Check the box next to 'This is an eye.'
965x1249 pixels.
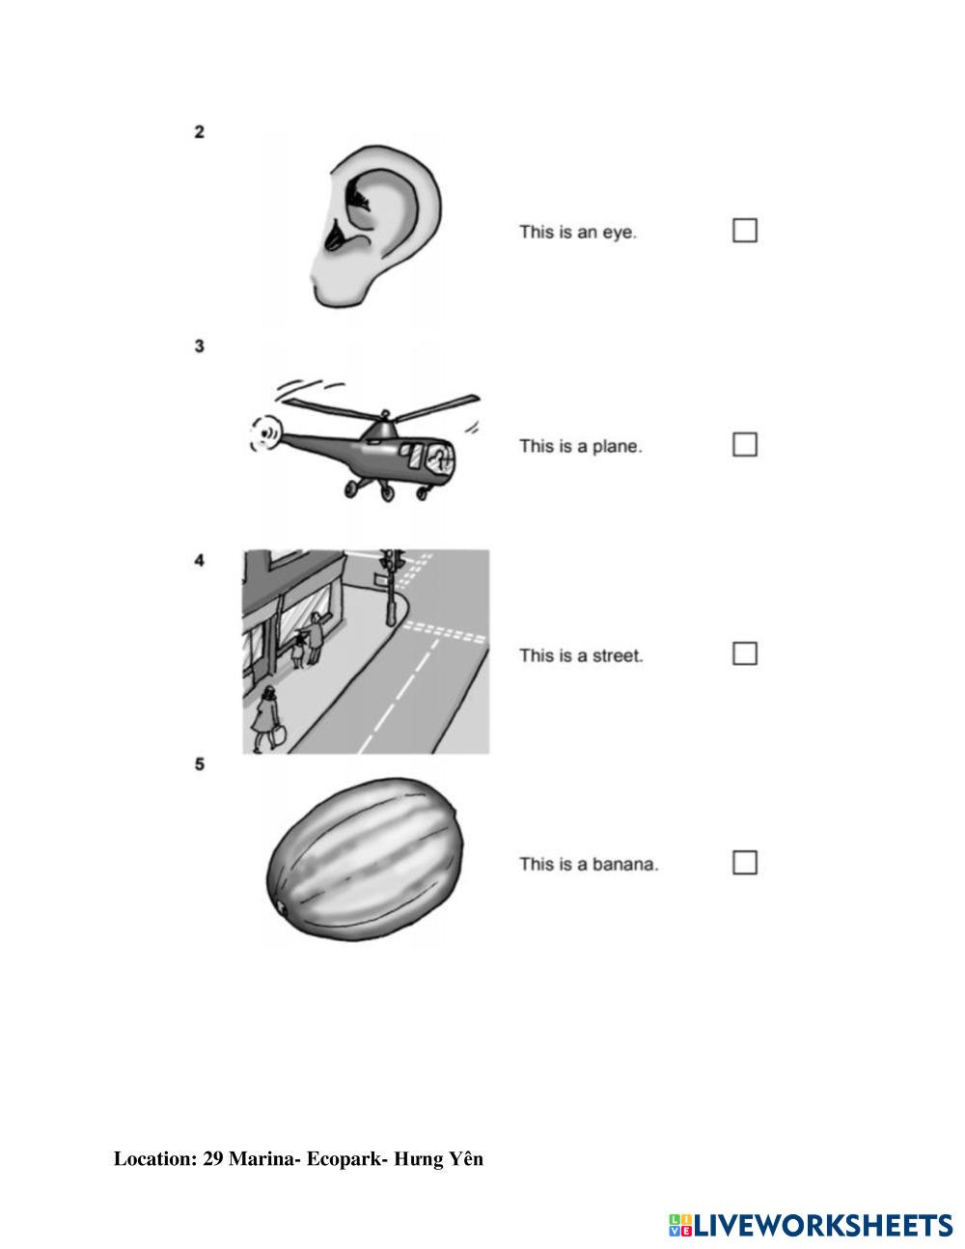point(744,231)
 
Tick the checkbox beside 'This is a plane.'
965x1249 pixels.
point(744,444)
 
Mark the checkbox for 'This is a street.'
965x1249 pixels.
point(744,653)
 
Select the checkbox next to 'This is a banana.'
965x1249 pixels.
point(744,862)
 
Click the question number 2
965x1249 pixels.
point(199,132)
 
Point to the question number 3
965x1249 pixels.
point(199,346)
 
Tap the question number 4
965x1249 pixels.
point(199,560)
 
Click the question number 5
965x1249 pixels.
point(199,764)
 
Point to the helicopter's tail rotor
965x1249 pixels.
point(262,433)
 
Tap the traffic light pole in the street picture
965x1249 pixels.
point(392,594)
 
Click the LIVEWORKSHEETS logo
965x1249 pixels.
point(810,1225)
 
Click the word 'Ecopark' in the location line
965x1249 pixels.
point(344,1158)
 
